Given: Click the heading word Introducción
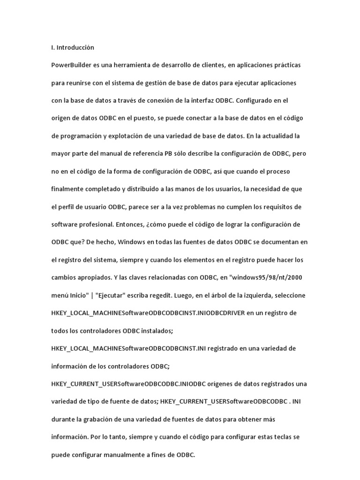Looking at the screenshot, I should click(x=75, y=47).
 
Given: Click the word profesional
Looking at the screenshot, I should click(x=95, y=225).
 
